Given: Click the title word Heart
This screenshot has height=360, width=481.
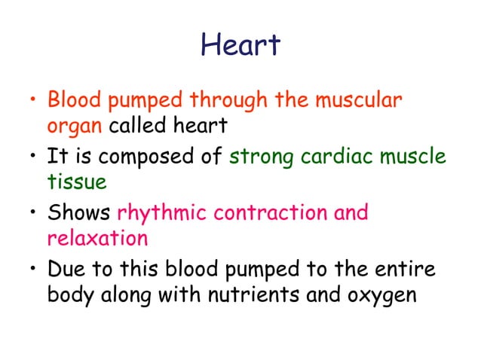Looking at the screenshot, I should tap(240, 45).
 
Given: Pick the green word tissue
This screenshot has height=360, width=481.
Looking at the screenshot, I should tap(75, 181).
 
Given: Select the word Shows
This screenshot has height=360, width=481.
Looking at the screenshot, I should tap(79, 213).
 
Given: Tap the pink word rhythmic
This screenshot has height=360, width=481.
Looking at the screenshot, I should tap(161, 213).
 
